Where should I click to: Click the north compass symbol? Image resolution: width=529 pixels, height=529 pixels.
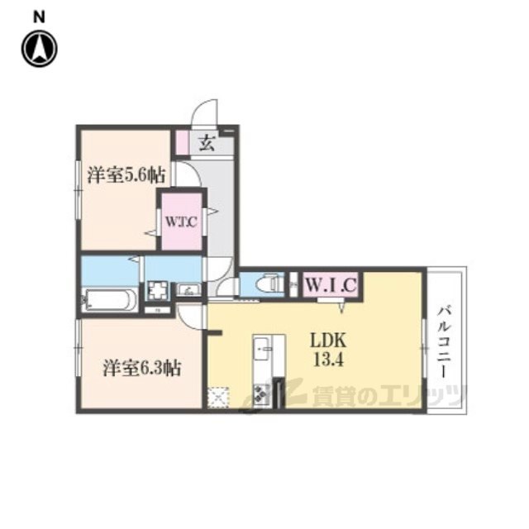[x=40, y=48]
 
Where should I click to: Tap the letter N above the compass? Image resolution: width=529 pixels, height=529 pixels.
[x=39, y=17]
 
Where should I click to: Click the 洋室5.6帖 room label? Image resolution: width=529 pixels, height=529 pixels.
[x=126, y=175]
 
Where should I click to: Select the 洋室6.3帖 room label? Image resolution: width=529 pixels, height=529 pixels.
[x=141, y=368]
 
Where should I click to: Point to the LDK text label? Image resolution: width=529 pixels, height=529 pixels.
[x=328, y=341]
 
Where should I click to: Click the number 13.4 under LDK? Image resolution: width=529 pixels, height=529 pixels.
[x=328, y=360]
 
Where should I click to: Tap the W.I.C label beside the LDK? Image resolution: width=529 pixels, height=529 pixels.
[x=331, y=285]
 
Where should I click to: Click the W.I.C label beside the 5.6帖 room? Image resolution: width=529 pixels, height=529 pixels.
[x=181, y=222]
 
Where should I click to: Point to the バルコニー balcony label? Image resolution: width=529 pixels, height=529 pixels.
[x=445, y=341]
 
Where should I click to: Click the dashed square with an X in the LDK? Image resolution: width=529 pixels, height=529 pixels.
[x=218, y=398]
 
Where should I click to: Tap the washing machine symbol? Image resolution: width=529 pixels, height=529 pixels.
[x=158, y=291]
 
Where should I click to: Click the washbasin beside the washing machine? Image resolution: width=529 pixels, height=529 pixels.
[x=188, y=290]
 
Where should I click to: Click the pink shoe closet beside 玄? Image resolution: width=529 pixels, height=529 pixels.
[x=183, y=143]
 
